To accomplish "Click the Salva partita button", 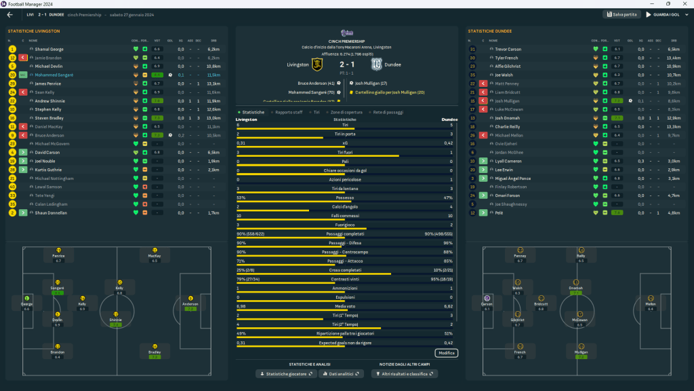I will point(621,14).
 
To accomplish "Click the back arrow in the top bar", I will point(9,14).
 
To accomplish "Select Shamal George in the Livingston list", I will point(49,49).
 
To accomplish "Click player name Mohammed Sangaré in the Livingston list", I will point(54,75).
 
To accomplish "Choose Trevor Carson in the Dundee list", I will point(508,49).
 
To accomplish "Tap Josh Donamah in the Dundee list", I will point(509,118).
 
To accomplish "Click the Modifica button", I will point(447,353).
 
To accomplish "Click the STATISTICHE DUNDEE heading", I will point(490,31).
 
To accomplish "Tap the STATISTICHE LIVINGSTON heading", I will point(34,31).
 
